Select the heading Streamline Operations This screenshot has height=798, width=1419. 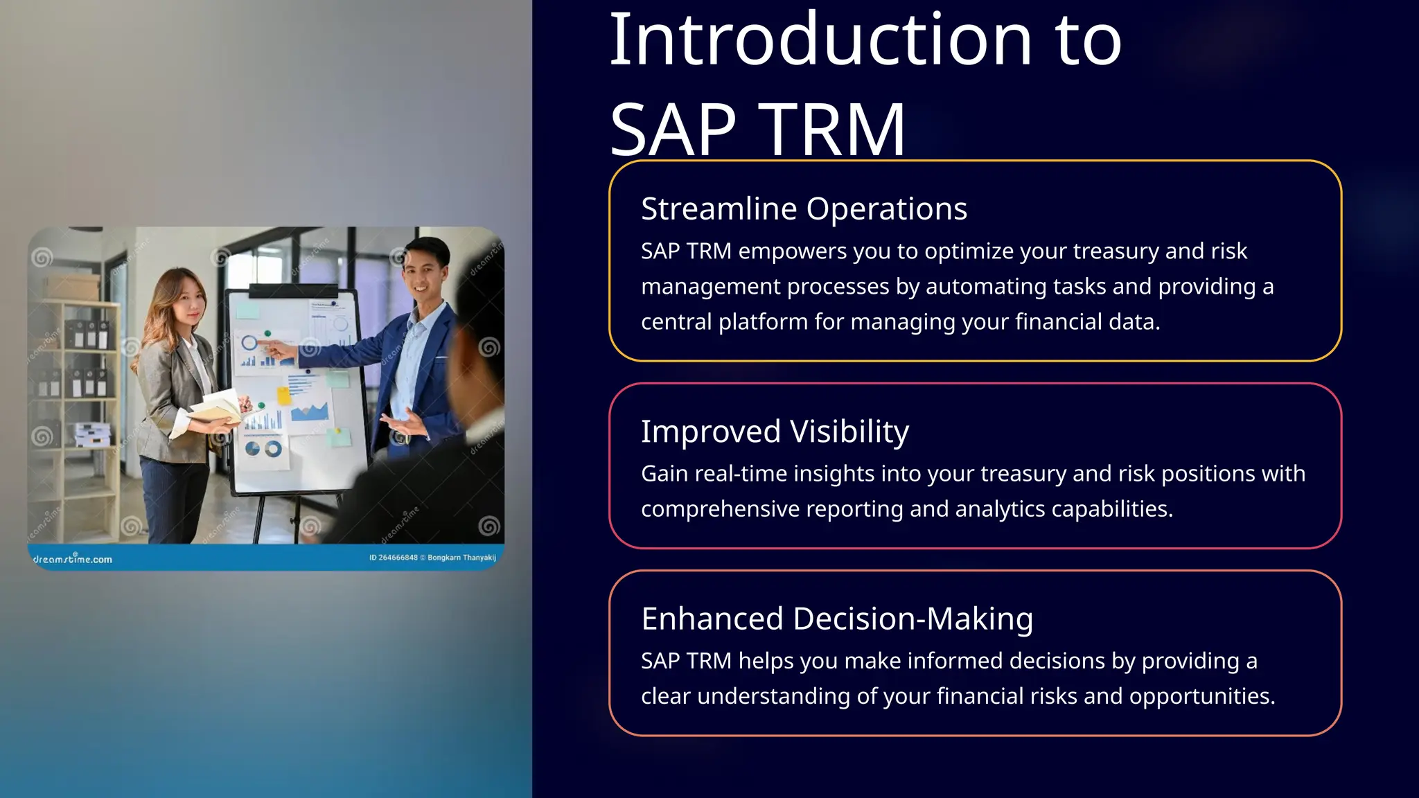click(804, 209)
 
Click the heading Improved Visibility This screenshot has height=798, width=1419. click(774, 432)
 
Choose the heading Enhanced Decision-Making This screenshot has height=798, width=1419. click(836, 619)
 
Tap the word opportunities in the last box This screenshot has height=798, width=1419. click(1201, 696)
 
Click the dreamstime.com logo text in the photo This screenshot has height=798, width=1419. click(72, 559)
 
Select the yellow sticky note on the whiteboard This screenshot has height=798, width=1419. click(284, 396)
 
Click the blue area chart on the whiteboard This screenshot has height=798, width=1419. click(310, 413)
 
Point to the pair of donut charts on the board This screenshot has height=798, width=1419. click(263, 450)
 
